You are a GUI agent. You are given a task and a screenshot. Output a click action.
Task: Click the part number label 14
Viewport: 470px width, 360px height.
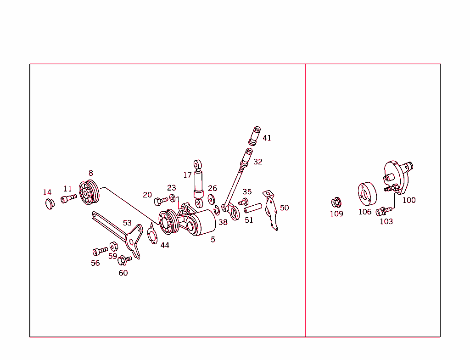[x=47, y=192]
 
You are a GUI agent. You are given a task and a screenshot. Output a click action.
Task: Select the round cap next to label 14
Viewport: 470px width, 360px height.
[x=49, y=203]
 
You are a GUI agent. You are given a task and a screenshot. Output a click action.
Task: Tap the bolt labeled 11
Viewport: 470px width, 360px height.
[x=68, y=198]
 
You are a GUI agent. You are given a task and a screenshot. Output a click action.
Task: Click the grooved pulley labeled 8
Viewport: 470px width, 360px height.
[x=89, y=193]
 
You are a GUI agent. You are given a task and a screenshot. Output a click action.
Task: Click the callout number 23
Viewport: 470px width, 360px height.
[x=171, y=188]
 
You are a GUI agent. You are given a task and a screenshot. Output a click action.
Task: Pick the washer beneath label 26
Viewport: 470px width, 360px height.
[x=212, y=199]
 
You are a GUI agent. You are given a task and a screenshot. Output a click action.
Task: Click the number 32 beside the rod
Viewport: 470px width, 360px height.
[x=258, y=162]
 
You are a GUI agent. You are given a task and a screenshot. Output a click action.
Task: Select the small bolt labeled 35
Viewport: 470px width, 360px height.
[x=243, y=202]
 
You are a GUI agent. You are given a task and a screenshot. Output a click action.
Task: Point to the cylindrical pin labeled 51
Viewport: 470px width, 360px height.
[x=252, y=209]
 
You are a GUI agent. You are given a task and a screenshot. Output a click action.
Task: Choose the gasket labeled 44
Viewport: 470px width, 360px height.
[x=152, y=234]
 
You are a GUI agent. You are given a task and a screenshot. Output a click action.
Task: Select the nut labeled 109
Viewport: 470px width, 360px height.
[x=336, y=202]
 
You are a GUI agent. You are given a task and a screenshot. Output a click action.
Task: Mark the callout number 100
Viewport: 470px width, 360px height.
[x=409, y=200]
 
